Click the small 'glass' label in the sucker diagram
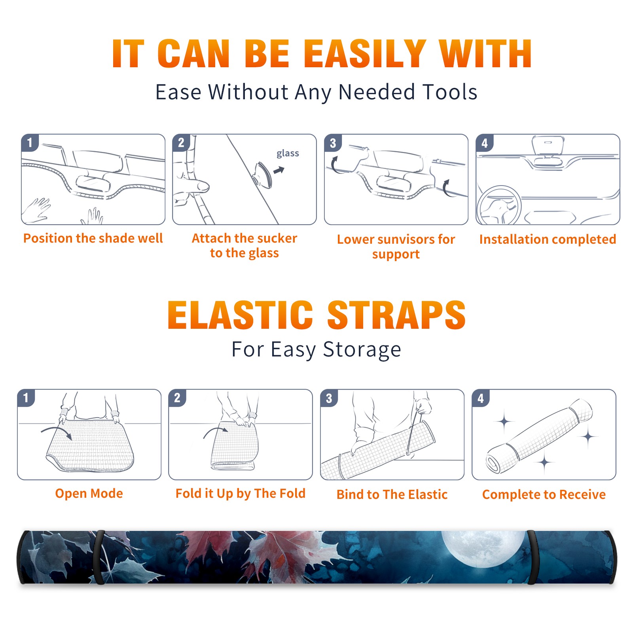(x=288, y=154)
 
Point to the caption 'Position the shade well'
(x=93, y=238)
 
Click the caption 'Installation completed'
(x=548, y=239)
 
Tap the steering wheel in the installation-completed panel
(x=499, y=205)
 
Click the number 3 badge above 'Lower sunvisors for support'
(x=333, y=143)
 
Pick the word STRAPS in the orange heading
(x=396, y=315)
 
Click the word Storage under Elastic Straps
(x=362, y=350)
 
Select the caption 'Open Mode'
(x=89, y=493)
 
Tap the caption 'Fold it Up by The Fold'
(x=241, y=493)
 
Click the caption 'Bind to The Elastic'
(x=392, y=495)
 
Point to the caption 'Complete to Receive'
(x=544, y=495)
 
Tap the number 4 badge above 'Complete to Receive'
(x=481, y=398)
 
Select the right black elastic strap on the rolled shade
(x=532, y=557)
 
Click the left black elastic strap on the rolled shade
(x=99, y=557)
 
